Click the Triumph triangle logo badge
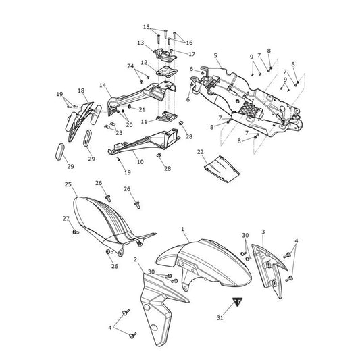point(237,301)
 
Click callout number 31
point(220,317)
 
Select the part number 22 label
point(200,152)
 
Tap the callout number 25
point(68,184)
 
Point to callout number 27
point(66,219)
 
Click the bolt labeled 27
point(76,232)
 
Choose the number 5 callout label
point(215,55)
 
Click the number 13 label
point(140,43)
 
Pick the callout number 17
point(192,54)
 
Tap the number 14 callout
point(103,85)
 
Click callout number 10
point(140,162)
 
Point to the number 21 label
point(142,109)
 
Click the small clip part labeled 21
point(129,106)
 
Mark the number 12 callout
point(144,62)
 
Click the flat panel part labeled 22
point(222,169)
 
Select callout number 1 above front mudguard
point(183,229)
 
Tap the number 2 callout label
point(135,259)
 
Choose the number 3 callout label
point(263,232)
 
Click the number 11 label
point(144,121)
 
